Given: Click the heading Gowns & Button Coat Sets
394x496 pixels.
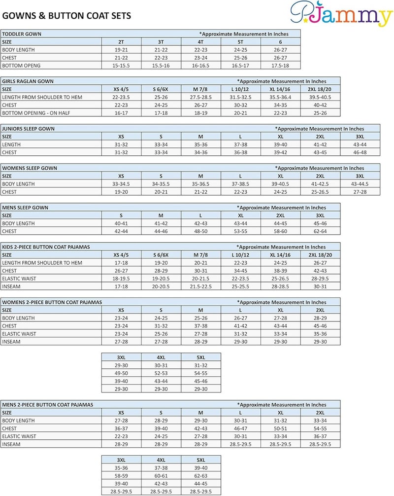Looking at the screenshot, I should click(x=66, y=16).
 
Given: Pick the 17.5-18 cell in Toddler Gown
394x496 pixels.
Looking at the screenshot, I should click(x=280, y=66).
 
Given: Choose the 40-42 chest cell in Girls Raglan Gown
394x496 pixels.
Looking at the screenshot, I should click(x=320, y=105).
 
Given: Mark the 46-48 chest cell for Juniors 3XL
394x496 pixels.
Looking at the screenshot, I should click(x=360, y=152).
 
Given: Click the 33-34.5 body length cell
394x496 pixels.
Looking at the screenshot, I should click(x=121, y=184).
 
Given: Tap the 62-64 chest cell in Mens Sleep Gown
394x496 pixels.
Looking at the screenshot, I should click(x=320, y=231).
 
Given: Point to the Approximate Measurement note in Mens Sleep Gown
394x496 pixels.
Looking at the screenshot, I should click(x=281, y=208).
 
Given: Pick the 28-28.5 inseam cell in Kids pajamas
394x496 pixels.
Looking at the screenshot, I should click(x=280, y=286).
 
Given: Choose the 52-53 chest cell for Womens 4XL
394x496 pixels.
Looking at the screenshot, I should click(x=161, y=373).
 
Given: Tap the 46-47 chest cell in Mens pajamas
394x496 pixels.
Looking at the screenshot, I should click(x=240, y=428).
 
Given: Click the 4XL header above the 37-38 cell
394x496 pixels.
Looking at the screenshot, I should click(x=161, y=460).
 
